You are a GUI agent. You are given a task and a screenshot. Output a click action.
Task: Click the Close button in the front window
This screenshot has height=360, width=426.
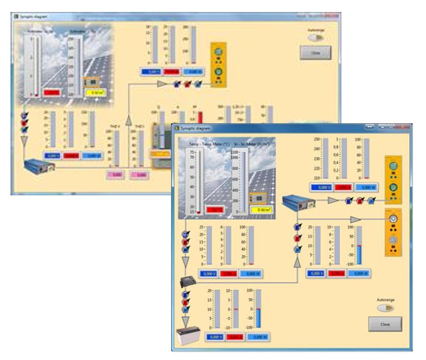pyautogui.click(x=385, y=324)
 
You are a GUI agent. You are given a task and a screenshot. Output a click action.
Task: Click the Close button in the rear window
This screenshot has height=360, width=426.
pyautogui.click(x=315, y=53)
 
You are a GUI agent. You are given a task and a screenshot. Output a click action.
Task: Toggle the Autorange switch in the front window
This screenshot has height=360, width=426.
pyautogui.click(x=386, y=309)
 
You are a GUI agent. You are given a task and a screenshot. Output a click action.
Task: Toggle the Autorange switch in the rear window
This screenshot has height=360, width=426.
pyautogui.click(x=315, y=37)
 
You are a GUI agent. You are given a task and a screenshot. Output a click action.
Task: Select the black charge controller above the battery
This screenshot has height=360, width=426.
pyautogui.click(x=188, y=282)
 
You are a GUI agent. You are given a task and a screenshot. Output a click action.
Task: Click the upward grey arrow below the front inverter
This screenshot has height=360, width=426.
pyautogui.click(x=297, y=262)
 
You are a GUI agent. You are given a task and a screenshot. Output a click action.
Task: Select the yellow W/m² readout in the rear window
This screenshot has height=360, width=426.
pyautogui.click(x=92, y=92)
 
